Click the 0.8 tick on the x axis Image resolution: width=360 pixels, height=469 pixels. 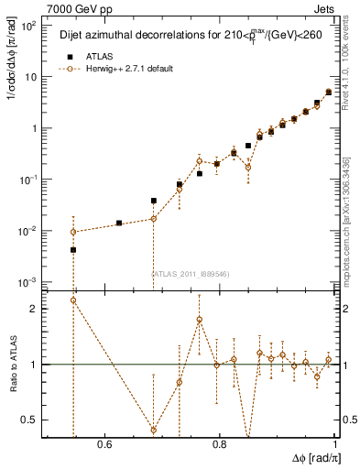click(x=219, y=444)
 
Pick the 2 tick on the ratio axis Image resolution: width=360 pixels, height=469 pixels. click(x=36, y=309)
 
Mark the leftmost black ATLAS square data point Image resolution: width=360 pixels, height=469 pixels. click(x=73, y=249)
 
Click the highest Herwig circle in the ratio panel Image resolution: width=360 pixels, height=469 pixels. click(x=73, y=300)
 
